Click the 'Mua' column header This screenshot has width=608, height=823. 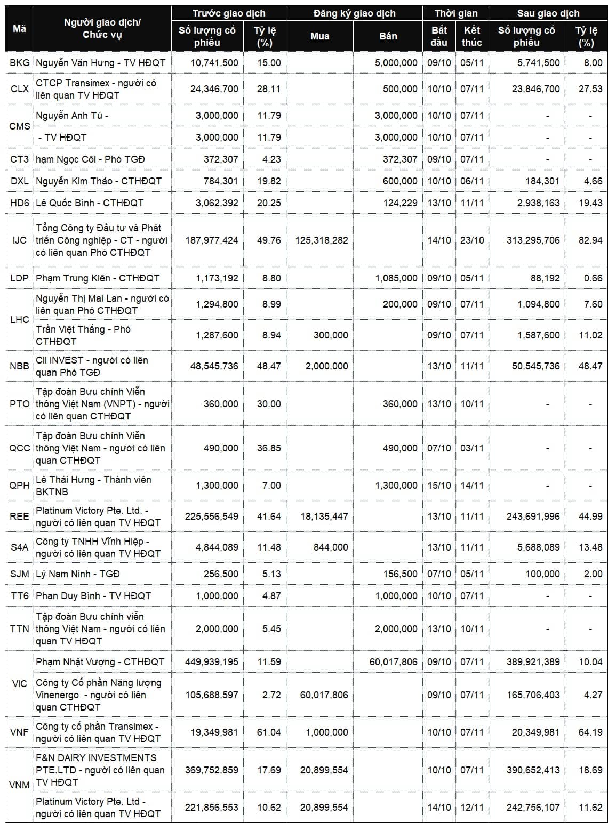(319, 36)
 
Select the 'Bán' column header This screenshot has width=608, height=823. (388, 36)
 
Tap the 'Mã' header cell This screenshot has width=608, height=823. (19, 29)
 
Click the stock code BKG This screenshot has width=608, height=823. (20, 62)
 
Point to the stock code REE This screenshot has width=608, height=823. (20, 516)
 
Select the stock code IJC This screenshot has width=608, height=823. (20, 240)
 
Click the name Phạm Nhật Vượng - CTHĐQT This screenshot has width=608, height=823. (100, 661)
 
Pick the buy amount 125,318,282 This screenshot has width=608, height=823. (322, 240)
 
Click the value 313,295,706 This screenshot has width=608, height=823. (533, 240)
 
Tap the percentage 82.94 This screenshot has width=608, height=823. (590, 240)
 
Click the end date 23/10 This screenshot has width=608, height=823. (472, 240)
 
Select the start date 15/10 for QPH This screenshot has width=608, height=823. (439, 485)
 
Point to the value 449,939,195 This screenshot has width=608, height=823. (212, 661)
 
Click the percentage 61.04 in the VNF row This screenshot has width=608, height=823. (269, 732)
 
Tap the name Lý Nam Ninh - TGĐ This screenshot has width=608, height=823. (78, 574)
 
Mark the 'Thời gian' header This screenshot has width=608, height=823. (456, 13)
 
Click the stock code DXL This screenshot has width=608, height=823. (20, 181)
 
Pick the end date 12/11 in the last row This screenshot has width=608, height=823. (472, 807)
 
